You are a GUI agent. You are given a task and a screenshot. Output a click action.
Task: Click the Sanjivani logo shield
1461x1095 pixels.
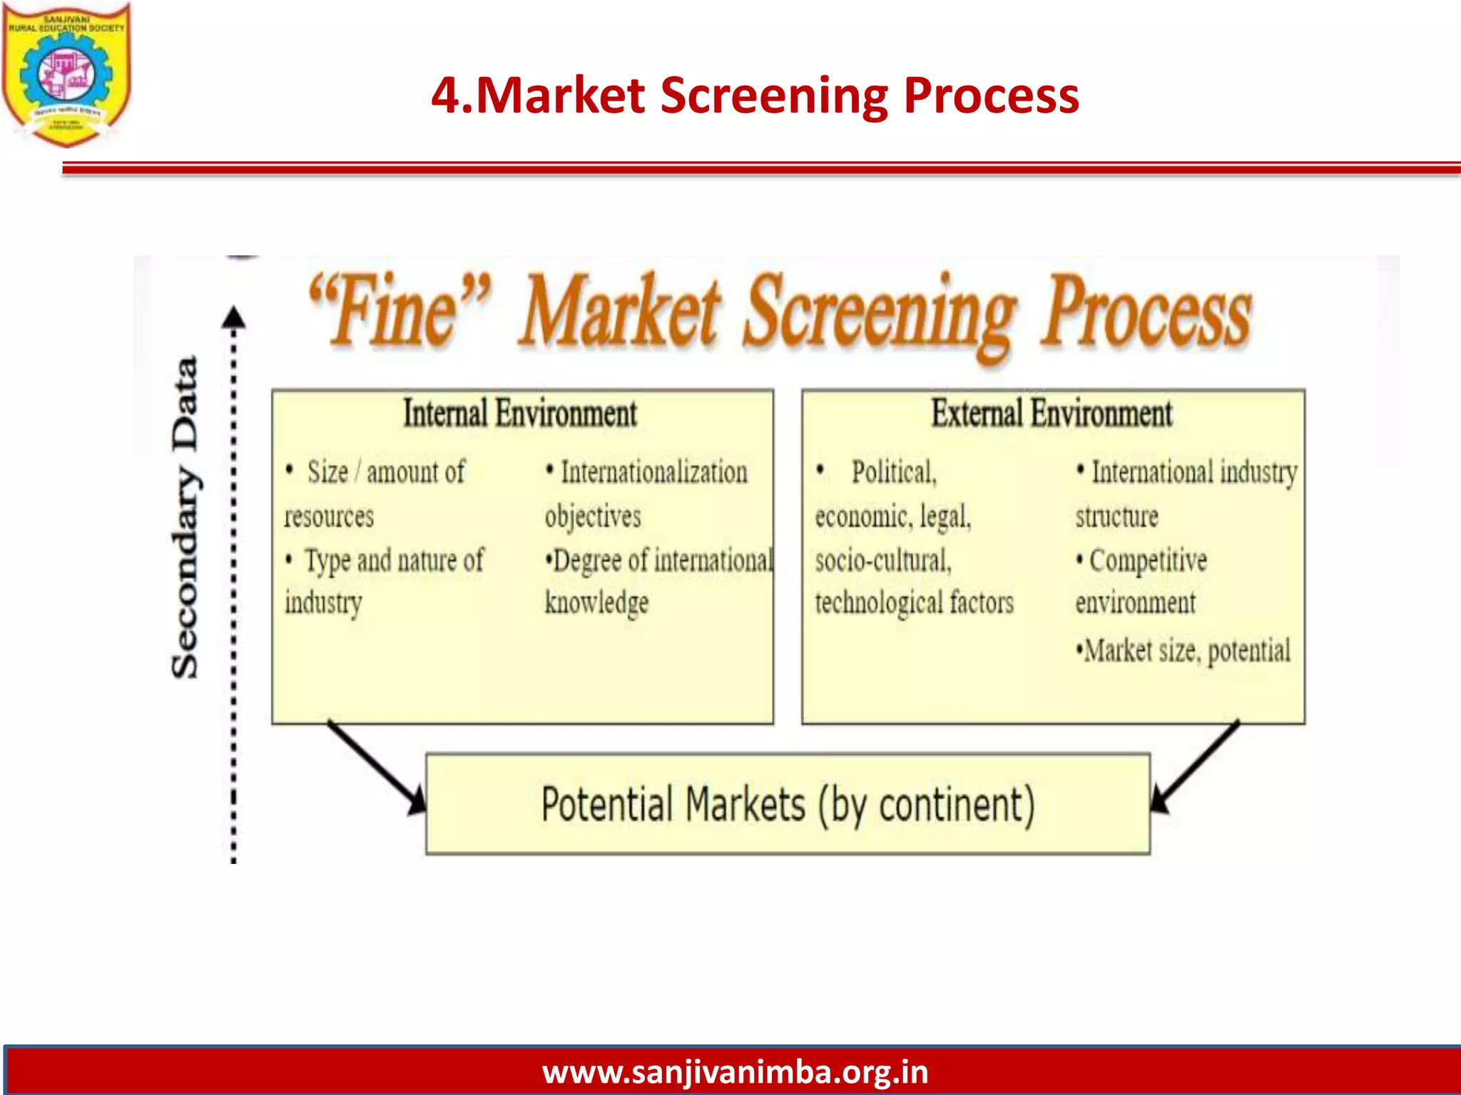(66, 73)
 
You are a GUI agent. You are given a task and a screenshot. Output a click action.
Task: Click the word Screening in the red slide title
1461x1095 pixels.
(773, 96)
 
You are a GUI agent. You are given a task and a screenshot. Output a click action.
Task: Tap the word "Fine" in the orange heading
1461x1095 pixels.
(400, 311)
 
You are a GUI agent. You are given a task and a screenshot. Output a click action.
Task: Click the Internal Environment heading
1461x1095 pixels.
(520, 414)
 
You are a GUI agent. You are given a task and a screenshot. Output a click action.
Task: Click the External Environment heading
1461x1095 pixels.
(1052, 414)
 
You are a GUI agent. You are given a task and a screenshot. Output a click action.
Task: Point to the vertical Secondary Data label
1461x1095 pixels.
(185, 517)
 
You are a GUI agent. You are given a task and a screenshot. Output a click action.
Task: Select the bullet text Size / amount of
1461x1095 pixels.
(386, 473)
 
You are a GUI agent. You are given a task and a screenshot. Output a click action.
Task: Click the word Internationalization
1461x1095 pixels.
(653, 473)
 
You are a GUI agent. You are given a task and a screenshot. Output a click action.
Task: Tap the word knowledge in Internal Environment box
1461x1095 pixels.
(596, 603)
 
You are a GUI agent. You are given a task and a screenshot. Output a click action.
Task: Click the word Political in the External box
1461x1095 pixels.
(893, 473)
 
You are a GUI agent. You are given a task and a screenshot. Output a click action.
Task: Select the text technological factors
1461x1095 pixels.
(914, 603)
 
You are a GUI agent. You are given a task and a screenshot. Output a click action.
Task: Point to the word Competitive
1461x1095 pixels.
(1148, 561)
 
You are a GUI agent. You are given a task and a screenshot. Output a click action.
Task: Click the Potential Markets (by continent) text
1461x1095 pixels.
(788, 805)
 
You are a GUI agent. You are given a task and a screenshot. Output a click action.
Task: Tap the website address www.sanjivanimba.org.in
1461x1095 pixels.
(735, 1071)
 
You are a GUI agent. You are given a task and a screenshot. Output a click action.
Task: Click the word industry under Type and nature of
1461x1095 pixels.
(323, 603)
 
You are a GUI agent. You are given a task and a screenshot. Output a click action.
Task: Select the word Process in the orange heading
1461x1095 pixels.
(1146, 311)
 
